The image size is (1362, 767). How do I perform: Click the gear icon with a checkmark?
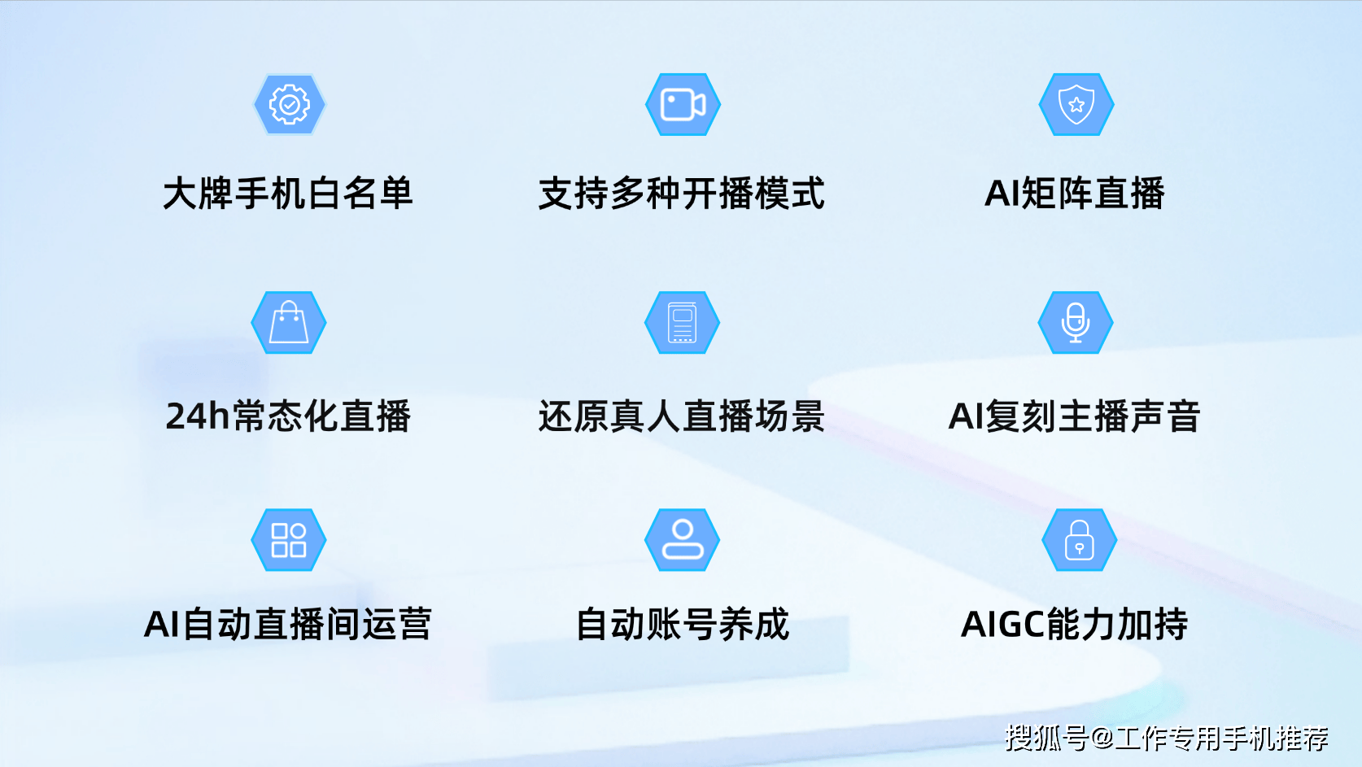tap(290, 105)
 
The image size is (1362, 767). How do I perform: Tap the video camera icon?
tap(683, 105)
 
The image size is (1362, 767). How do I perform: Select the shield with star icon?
tap(1076, 105)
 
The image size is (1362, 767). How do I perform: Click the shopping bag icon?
tap(289, 322)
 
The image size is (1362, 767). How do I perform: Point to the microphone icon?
tap(1076, 322)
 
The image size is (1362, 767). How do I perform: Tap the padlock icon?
tap(1079, 540)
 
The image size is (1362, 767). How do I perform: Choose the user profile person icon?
tap(682, 540)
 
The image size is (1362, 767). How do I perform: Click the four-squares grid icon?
tap(289, 540)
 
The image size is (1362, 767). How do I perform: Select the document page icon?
tap(682, 322)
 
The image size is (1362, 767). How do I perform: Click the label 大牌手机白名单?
tap(288, 194)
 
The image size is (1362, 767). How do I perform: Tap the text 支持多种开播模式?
tap(682, 194)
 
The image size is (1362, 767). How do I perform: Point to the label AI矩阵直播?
tap(1075, 194)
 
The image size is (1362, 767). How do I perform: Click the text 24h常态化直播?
tap(288, 416)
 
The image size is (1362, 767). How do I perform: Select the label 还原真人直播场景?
tap(682, 416)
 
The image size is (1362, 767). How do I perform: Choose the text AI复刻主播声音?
tap(1075, 416)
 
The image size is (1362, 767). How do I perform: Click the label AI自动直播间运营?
tap(287, 624)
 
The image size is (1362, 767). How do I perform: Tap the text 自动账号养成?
tap(682, 624)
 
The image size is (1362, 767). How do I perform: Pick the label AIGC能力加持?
tap(1075, 624)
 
